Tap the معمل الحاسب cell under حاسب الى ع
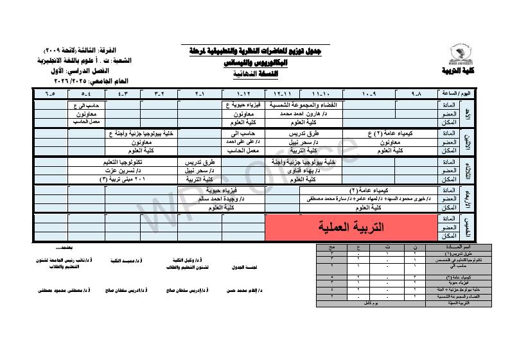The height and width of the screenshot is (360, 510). coord(85,120)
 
